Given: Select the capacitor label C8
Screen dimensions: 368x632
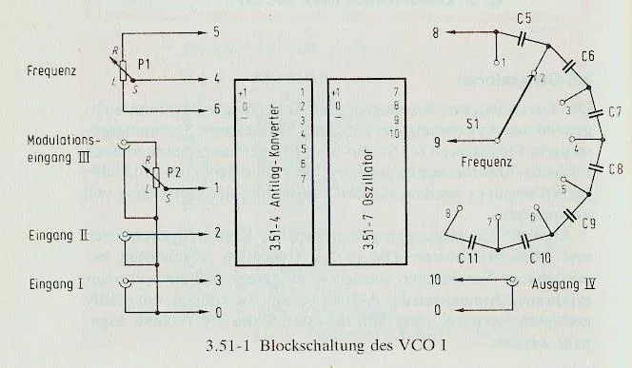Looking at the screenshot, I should point(616,153).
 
